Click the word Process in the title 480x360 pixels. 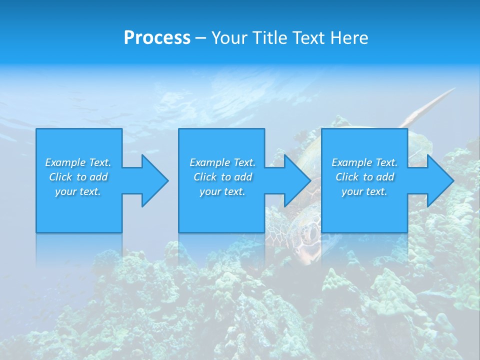pos(157,38)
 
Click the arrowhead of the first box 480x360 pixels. pos(155,180)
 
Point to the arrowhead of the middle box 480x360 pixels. pos(297,180)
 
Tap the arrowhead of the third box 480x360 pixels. pos(440,180)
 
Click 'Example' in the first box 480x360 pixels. pos(65,162)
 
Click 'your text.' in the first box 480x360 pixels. pos(78,191)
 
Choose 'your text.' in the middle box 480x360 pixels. pos(222,191)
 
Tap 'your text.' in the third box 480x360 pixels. pos(364,191)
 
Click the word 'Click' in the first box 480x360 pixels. pos(60,177)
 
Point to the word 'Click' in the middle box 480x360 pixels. pos(205,177)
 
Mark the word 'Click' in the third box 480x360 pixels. pos(347,177)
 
